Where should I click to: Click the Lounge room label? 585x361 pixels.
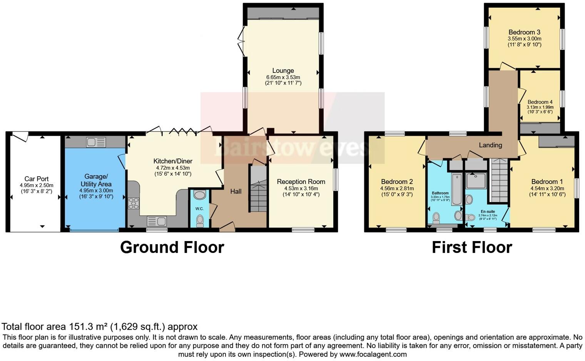(x=283, y=71)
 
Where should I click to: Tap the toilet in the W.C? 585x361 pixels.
(x=199, y=220)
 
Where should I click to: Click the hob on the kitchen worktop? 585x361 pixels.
(x=133, y=203)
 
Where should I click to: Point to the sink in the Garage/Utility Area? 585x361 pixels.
(x=96, y=142)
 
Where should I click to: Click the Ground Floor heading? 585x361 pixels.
(x=172, y=247)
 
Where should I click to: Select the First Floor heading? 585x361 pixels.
(x=472, y=247)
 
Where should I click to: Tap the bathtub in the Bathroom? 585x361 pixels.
(x=456, y=189)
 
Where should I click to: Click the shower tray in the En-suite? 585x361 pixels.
(x=476, y=180)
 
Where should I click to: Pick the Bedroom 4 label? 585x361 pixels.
(x=540, y=102)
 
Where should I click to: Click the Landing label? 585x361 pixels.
(x=490, y=145)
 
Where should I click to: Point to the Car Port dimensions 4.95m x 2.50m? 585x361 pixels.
(x=37, y=185)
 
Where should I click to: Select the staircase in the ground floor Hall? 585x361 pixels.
(x=258, y=189)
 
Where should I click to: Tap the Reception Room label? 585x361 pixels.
(x=301, y=182)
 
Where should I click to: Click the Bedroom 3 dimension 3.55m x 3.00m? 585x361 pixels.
(x=524, y=39)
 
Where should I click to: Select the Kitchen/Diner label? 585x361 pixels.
(x=173, y=161)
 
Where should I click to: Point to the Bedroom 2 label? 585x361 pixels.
(x=397, y=182)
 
